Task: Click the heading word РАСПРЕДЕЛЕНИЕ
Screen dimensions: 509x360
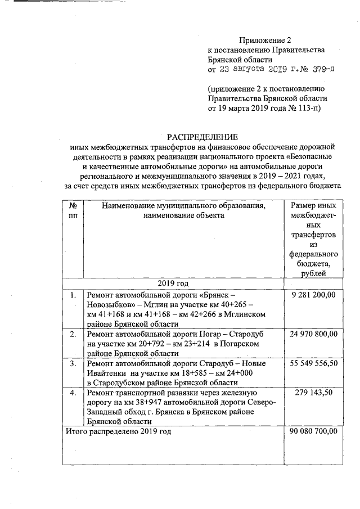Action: (x=202, y=137)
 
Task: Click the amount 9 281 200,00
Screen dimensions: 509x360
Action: (x=313, y=295)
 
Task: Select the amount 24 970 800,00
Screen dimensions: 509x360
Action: (x=313, y=334)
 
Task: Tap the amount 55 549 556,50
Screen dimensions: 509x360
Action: (x=313, y=364)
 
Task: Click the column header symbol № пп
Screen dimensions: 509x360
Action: (x=73, y=211)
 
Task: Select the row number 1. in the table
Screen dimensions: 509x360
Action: (x=73, y=295)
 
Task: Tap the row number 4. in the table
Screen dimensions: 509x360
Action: (x=73, y=393)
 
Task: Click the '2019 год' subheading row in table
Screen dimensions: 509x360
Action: (x=174, y=282)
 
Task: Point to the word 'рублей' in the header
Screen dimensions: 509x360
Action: (x=313, y=273)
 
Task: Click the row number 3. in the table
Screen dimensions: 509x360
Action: (x=73, y=364)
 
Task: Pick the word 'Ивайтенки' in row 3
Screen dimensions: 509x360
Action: (x=104, y=373)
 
